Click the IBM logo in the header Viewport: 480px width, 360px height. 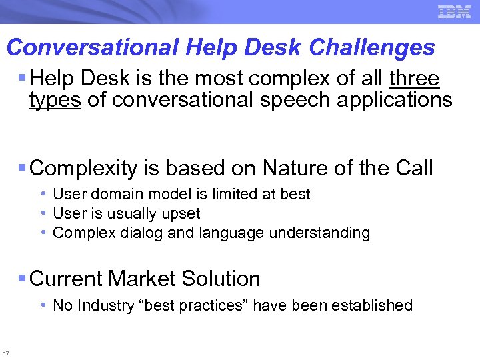point(455,11)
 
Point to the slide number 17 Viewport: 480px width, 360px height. point(6,353)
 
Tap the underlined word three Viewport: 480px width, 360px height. point(414,79)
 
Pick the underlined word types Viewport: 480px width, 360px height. point(55,101)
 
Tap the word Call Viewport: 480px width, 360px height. point(413,168)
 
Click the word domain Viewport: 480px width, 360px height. point(113,194)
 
